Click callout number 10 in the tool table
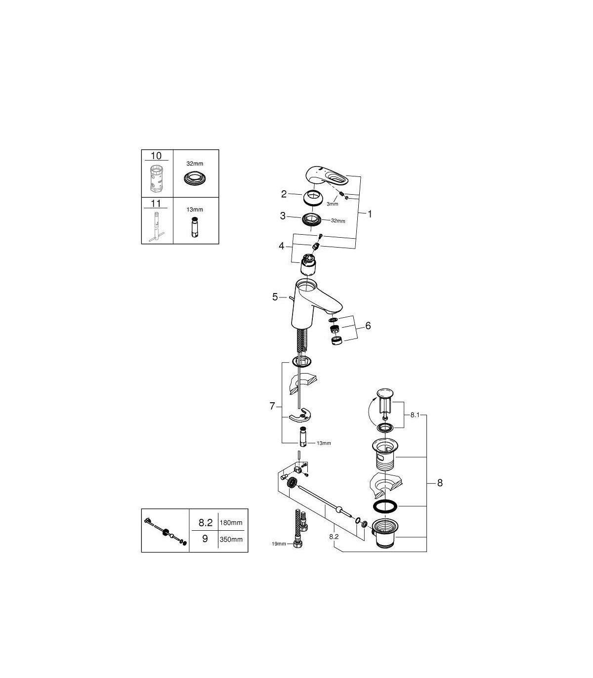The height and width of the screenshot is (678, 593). point(156,156)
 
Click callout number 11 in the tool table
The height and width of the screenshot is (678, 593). point(156,203)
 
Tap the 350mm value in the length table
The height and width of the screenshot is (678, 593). point(231,539)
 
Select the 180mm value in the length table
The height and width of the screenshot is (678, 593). point(231,522)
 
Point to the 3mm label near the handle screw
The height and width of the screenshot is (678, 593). point(332,204)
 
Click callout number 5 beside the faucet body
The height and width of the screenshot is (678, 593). point(275,297)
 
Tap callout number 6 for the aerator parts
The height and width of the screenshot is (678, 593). point(368,326)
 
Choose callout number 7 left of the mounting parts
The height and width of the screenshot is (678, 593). point(272,406)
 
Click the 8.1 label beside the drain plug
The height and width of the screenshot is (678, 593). point(415,415)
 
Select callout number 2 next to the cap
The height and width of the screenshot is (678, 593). point(284,194)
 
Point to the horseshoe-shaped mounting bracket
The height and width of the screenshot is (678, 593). point(300,415)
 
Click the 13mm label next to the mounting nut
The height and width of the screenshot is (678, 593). point(324,443)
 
